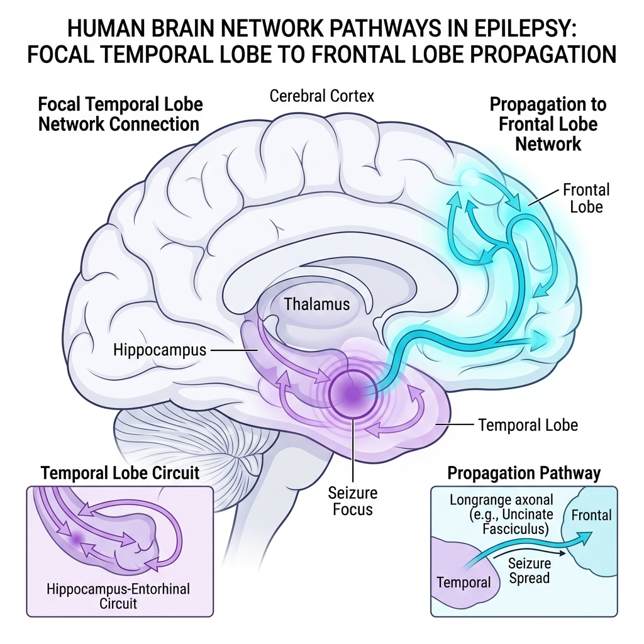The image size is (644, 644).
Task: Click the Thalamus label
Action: coord(317,304)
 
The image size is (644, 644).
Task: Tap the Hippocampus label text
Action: coord(160,350)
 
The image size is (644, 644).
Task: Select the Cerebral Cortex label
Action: coord(322,96)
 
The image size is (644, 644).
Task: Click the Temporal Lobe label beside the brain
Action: coord(528,425)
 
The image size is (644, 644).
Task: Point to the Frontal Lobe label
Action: coord(586,198)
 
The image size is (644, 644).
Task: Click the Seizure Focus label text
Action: coord(352,501)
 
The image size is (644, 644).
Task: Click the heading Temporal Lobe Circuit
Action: coord(120,473)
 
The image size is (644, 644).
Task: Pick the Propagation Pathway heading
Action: coord(524,473)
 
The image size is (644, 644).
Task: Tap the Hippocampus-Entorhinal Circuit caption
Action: coord(118,596)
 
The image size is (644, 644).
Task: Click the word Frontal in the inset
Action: coord(591,515)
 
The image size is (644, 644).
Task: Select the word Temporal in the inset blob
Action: coord(464,582)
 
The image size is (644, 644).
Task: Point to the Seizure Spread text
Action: coord(529,570)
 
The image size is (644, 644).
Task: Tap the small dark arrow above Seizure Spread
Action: coord(530,552)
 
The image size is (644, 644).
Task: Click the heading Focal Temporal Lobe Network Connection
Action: coord(120,114)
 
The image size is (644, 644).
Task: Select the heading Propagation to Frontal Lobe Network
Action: coord(548,124)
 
